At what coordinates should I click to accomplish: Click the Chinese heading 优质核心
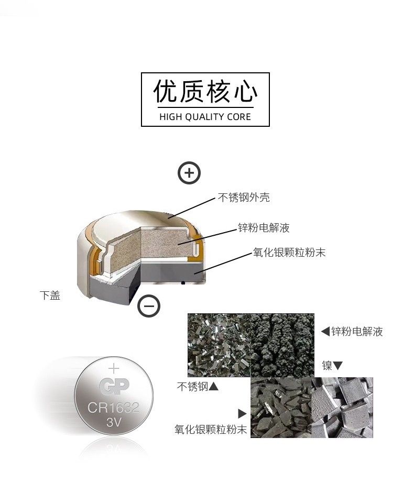pyautogui.click(x=205, y=91)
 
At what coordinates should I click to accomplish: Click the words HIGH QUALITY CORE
pyautogui.click(x=205, y=117)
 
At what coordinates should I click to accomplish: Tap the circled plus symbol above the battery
pyautogui.click(x=189, y=173)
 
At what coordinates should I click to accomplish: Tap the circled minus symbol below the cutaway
pyautogui.click(x=149, y=306)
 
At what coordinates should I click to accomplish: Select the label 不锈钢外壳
pyautogui.click(x=244, y=197)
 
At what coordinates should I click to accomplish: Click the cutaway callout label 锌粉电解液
pyautogui.click(x=264, y=227)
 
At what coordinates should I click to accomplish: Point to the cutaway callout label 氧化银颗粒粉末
pyautogui.click(x=289, y=252)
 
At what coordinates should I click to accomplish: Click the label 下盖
pyautogui.click(x=50, y=296)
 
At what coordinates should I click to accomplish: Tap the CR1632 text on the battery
pyautogui.click(x=114, y=408)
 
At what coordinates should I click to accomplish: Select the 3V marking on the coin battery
pyautogui.click(x=114, y=422)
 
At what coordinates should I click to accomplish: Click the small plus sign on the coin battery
pyautogui.click(x=114, y=368)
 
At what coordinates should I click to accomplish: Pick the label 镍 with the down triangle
pyautogui.click(x=332, y=365)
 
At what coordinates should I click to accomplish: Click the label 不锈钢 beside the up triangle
pyautogui.click(x=198, y=387)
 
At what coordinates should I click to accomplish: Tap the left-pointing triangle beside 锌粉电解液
pyautogui.click(x=325, y=332)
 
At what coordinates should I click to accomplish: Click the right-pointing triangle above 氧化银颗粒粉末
pyautogui.click(x=243, y=413)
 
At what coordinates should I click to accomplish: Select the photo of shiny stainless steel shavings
pyautogui.click(x=220, y=345)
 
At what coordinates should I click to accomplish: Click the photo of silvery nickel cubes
pyautogui.click(x=342, y=407)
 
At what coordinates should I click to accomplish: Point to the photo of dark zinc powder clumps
pyautogui.click(x=282, y=345)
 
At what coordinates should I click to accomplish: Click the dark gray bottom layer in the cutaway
pyautogui.click(x=172, y=271)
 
